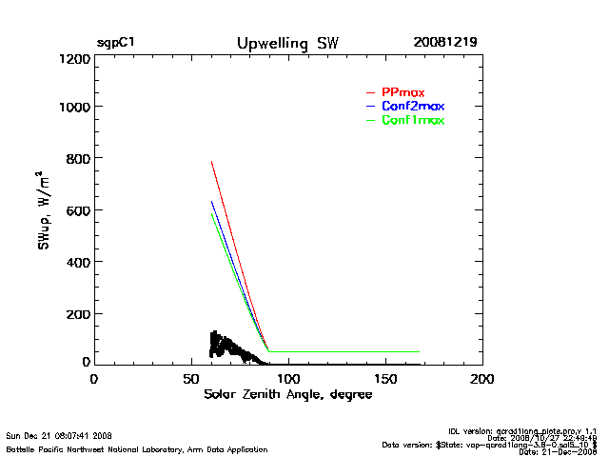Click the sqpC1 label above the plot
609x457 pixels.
point(115,43)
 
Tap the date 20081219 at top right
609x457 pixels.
point(444,43)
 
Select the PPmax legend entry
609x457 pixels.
point(403,92)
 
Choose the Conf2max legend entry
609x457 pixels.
point(412,106)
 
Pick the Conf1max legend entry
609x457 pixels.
point(412,120)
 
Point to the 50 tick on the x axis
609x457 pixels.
point(190,379)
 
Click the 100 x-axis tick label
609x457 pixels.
point(288,379)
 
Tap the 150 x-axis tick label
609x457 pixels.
point(385,379)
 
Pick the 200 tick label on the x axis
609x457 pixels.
point(483,379)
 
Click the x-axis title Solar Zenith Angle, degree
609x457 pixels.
point(288,395)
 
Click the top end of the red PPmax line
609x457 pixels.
point(211,162)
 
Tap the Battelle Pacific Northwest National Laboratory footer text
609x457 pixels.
point(137,448)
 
